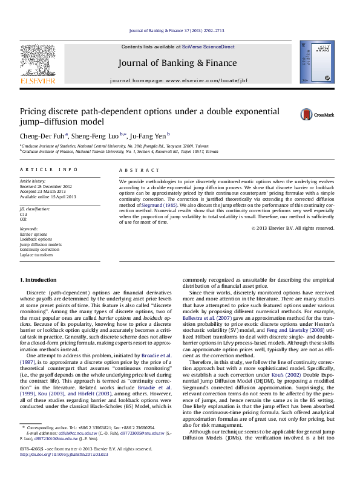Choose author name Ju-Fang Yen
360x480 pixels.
click(x=150, y=135)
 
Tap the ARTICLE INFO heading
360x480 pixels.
click(x=49, y=170)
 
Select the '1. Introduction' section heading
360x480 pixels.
click(x=39, y=280)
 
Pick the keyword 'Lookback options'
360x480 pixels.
click(x=36, y=239)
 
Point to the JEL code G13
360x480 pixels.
click(x=24, y=215)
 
